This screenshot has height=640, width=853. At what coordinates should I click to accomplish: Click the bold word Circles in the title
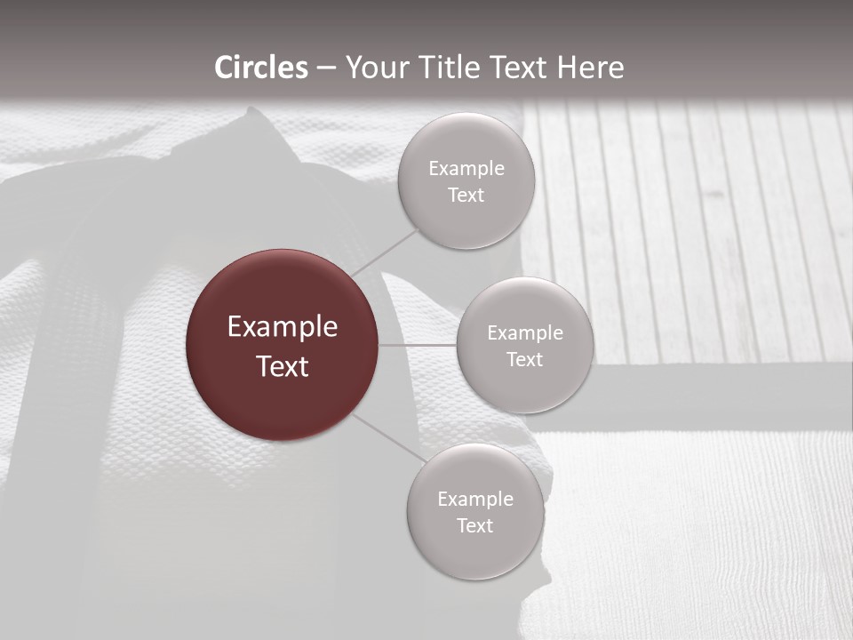(x=261, y=68)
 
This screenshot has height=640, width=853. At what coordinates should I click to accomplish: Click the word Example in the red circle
(x=283, y=327)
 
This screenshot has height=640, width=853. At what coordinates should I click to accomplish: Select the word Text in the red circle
(x=283, y=366)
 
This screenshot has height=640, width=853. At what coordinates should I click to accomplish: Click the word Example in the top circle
(x=466, y=169)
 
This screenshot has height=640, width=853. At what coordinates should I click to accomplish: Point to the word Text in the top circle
(x=466, y=196)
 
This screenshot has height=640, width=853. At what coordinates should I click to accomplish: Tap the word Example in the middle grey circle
(x=525, y=333)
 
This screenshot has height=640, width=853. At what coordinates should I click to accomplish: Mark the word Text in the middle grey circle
(x=525, y=360)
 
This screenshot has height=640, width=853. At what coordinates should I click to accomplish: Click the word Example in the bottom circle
(x=475, y=500)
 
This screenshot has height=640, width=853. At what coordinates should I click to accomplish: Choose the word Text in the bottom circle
(x=475, y=526)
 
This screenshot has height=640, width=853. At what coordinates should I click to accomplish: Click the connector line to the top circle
(x=387, y=252)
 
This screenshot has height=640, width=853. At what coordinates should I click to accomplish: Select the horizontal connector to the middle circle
(x=418, y=345)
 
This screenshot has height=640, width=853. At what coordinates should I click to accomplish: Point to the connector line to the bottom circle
(x=388, y=437)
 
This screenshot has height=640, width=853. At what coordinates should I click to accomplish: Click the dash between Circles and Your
(x=326, y=68)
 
